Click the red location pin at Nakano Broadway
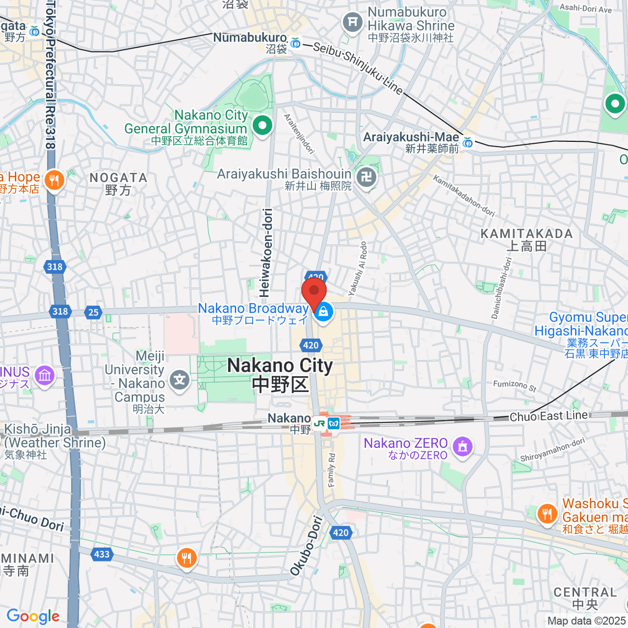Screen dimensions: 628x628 click(314, 291)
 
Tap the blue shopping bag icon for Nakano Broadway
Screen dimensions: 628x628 click(323, 312)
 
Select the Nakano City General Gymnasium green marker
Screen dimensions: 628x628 click(262, 125)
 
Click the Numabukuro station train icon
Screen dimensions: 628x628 click(295, 42)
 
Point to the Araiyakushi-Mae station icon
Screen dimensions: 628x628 click(468, 142)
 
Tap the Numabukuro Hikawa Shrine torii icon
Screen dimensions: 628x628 click(353, 22)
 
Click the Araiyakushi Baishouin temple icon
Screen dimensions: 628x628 click(366, 178)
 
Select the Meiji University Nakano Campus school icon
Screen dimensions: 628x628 click(180, 379)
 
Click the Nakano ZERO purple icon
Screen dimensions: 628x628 click(462, 447)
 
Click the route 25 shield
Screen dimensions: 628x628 click(93, 312)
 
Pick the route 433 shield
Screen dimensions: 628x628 click(102, 554)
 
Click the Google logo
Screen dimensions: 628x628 click(33, 616)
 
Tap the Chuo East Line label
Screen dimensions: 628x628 click(548, 416)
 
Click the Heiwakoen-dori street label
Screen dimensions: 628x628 click(266, 251)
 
